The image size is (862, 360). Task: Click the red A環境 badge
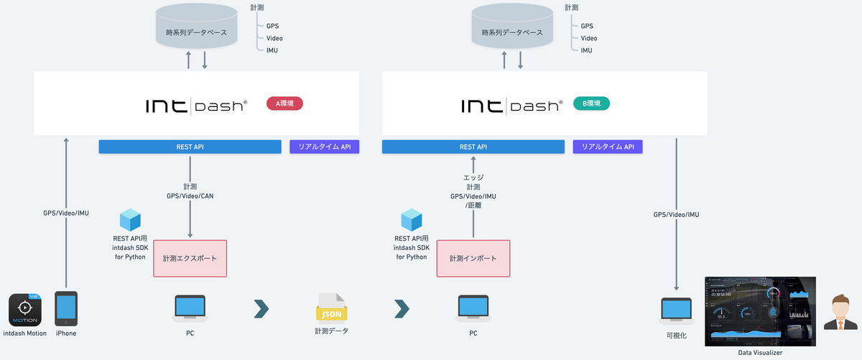pos(284,103)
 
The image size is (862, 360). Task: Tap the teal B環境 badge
pos(591,103)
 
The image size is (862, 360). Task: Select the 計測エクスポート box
pos(190,258)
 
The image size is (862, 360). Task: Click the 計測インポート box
pos(473,258)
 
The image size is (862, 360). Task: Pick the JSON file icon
pos(332,307)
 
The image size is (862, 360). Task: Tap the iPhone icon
pos(66,309)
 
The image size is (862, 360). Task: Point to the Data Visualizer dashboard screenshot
pos(760,310)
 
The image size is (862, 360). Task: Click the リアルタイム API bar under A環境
pos(324,147)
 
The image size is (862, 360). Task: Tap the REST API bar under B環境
pos(473,147)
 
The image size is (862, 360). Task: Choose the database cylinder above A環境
pos(197,28)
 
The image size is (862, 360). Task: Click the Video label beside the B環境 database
pos(588,38)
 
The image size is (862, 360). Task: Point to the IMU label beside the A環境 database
pos(272,50)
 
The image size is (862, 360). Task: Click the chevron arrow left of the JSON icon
pos(261,308)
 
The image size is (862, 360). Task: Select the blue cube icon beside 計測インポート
pos(412,220)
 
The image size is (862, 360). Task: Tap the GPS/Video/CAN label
pos(190,195)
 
